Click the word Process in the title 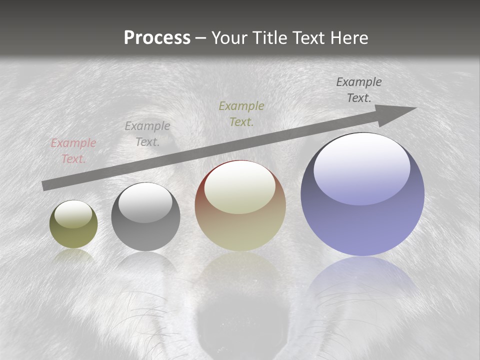click(x=157, y=38)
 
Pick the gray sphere click(x=145, y=217)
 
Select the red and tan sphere click(x=240, y=206)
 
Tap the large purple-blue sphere click(x=362, y=195)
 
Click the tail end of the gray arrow click(x=45, y=185)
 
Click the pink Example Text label click(x=73, y=151)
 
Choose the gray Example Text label click(x=147, y=134)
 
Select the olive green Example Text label click(x=241, y=113)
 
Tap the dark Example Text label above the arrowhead click(x=359, y=90)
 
